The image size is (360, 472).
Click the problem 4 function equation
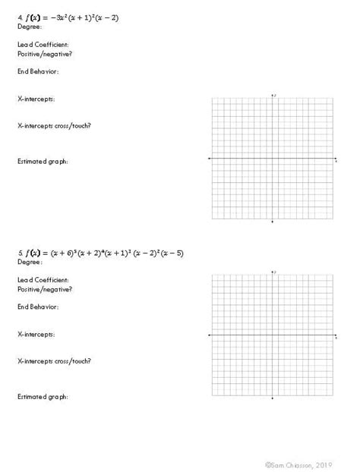point(68,17)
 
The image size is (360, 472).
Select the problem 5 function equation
point(99,253)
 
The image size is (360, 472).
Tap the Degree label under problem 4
point(30,26)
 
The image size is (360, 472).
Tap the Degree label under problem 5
point(30,262)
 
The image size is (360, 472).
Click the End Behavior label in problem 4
point(38,71)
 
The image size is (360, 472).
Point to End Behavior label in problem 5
point(38,307)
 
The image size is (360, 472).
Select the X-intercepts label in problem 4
point(36,99)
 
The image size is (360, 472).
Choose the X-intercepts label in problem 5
point(36,335)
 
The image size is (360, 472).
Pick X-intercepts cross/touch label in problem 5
point(54,361)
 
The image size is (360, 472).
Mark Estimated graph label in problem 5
point(43,397)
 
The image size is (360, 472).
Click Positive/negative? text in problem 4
point(45,54)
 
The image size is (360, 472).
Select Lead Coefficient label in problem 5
point(43,280)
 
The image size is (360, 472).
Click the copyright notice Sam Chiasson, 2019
point(299,461)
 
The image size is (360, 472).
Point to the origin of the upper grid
point(273,159)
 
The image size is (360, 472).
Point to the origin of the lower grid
point(273,335)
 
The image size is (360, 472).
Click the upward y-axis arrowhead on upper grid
point(273,95)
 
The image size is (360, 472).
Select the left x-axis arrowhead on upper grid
point(210,159)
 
